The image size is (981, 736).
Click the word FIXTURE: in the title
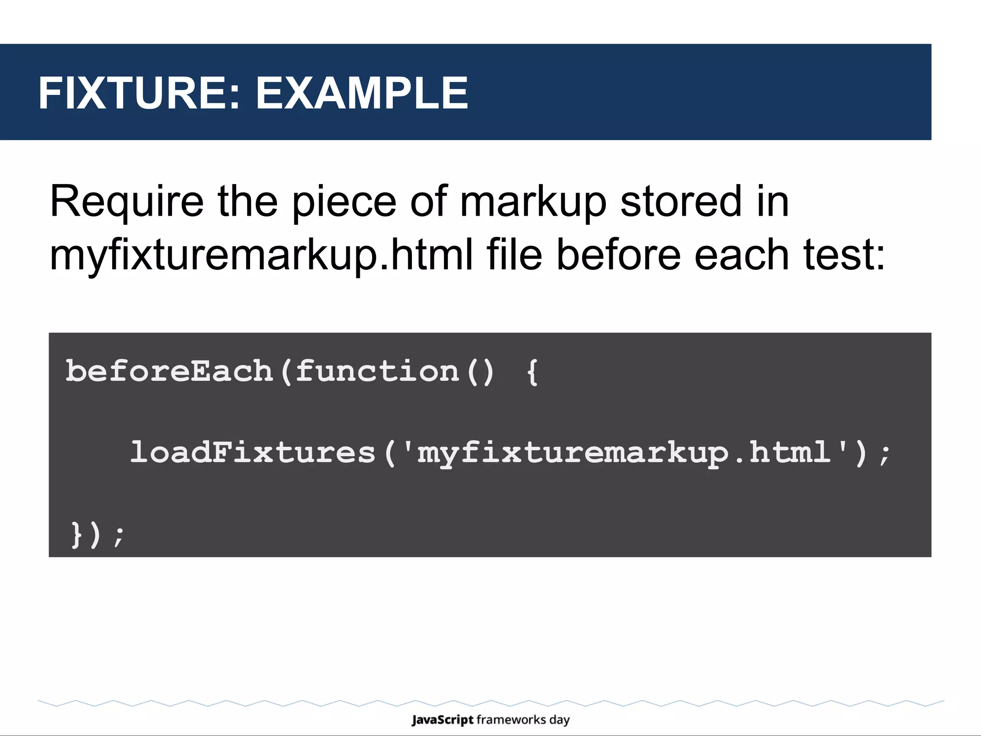point(139,93)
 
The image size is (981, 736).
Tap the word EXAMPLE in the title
point(362,93)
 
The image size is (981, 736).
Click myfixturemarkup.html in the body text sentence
point(261,255)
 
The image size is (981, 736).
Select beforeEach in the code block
point(169,371)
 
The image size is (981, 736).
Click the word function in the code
point(377,371)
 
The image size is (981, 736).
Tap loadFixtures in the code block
point(253,452)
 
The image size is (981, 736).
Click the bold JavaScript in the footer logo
point(442,720)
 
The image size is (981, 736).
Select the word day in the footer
point(559,720)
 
